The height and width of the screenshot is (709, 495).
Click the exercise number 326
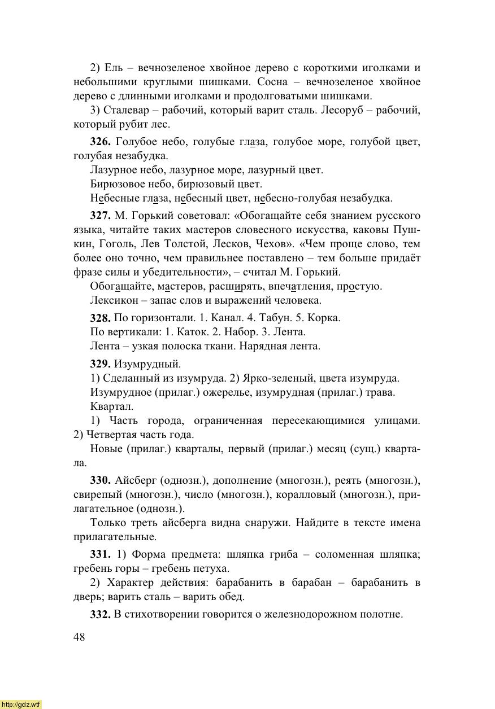(100, 142)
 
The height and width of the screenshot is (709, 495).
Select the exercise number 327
(100, 216)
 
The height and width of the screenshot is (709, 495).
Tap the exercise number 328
(100, 318)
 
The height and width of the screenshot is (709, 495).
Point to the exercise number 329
(100, 364)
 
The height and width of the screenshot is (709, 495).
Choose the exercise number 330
(100, 481)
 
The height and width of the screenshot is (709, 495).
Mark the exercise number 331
(100, 555)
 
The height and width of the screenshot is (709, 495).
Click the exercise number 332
(100, 615)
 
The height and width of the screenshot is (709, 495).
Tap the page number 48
(79, 637)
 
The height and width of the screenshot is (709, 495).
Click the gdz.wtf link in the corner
(21, 704)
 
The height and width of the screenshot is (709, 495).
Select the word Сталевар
(127, 110)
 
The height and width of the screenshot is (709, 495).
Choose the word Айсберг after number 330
(136, 481)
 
